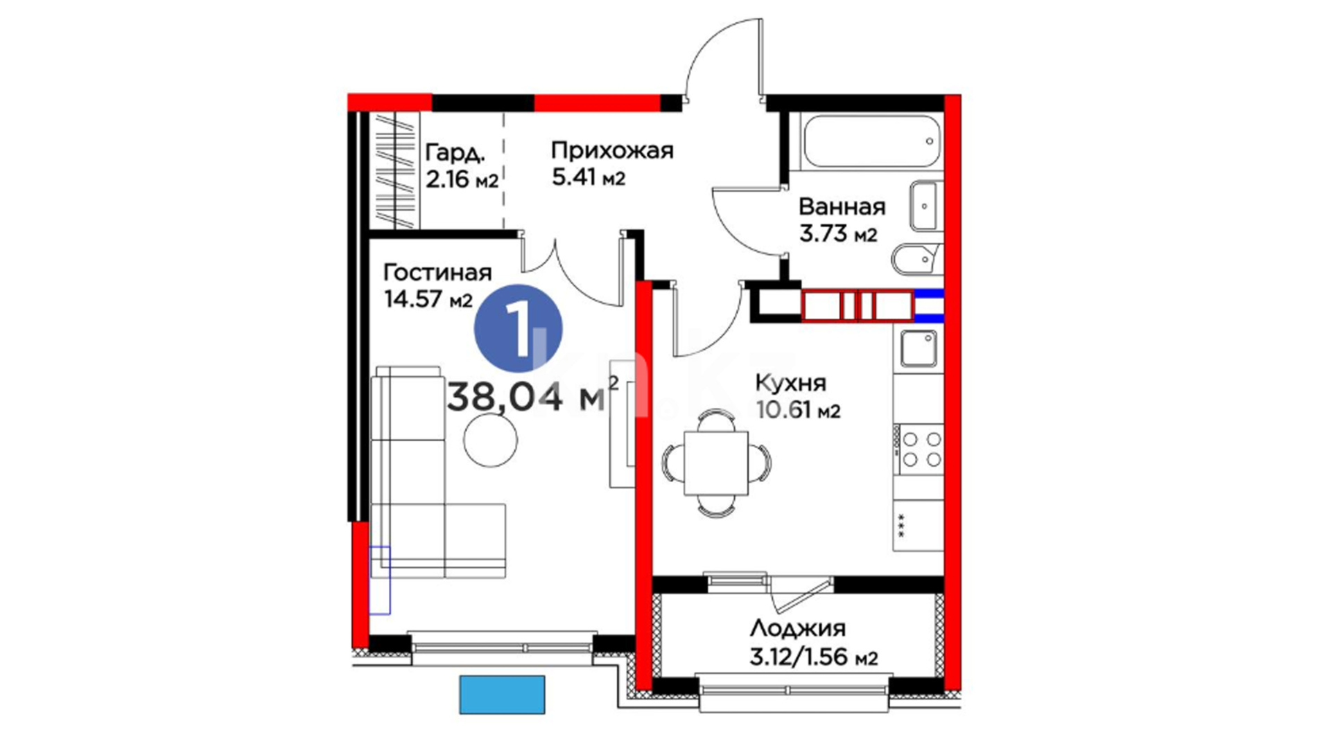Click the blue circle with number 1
pyautogui.click(x=518, y=328)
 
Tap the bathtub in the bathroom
pyautogui.click(x=871, y=141)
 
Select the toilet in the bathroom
pyautogui.click(x=916, y=259)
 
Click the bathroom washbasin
pyautogui.click(x=926, y=206)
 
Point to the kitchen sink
pyautogui.click(x=919, y=348)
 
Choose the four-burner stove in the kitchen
pyautogui.click(x=919, y=449)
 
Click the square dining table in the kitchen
pyautogui.click(x=716, y=463)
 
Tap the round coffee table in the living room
pyautogui.click(x=491, y=440)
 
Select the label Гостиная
pyautogui.click(x=437, y=272)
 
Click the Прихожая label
pyautogui.click(x=612, y=150)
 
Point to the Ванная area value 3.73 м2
pyautogui.click(x=838, y=234)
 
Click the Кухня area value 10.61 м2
pyautogui.click(x=798, y=410)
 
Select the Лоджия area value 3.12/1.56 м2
pyautogui.click(x=814, y=656)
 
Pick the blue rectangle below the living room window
pyautogui.click(x=502, y=695)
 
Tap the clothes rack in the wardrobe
pyautogui.click(x=394, y=170)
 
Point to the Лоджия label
pyautogui.click(x=798, y=628)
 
